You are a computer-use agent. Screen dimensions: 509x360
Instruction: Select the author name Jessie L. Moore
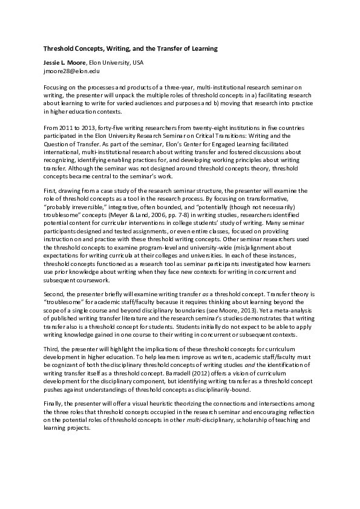point(64,63)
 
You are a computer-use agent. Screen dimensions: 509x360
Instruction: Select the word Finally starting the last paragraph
point(53,400)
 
